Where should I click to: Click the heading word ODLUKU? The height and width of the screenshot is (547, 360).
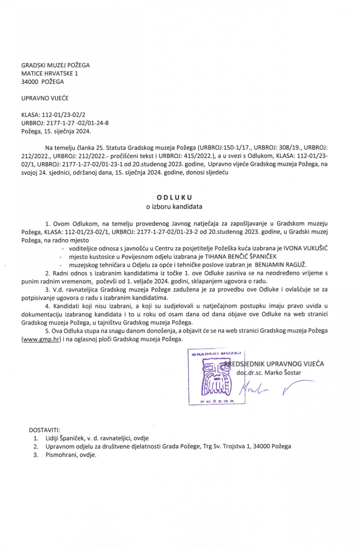tap(174, 197)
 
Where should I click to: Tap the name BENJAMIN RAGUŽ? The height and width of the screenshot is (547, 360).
tap(280, 265)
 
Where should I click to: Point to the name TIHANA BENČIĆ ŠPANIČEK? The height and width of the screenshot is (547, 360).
tap(241, 256)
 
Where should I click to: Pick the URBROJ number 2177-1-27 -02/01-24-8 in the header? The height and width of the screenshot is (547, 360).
tap(77, 123)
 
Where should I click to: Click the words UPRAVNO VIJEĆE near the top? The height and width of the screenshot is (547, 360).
tap(45, 98)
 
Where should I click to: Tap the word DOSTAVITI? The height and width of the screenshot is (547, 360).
tap(44, 430)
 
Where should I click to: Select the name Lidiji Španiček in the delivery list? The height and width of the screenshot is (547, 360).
tap(65, 438)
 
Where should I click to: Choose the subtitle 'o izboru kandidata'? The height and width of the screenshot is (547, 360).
tap(174, 207)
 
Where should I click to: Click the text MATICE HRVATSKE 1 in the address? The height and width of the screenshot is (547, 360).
tap(49, 73)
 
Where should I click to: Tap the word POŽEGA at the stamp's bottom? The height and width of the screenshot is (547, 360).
tap(217, 401)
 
